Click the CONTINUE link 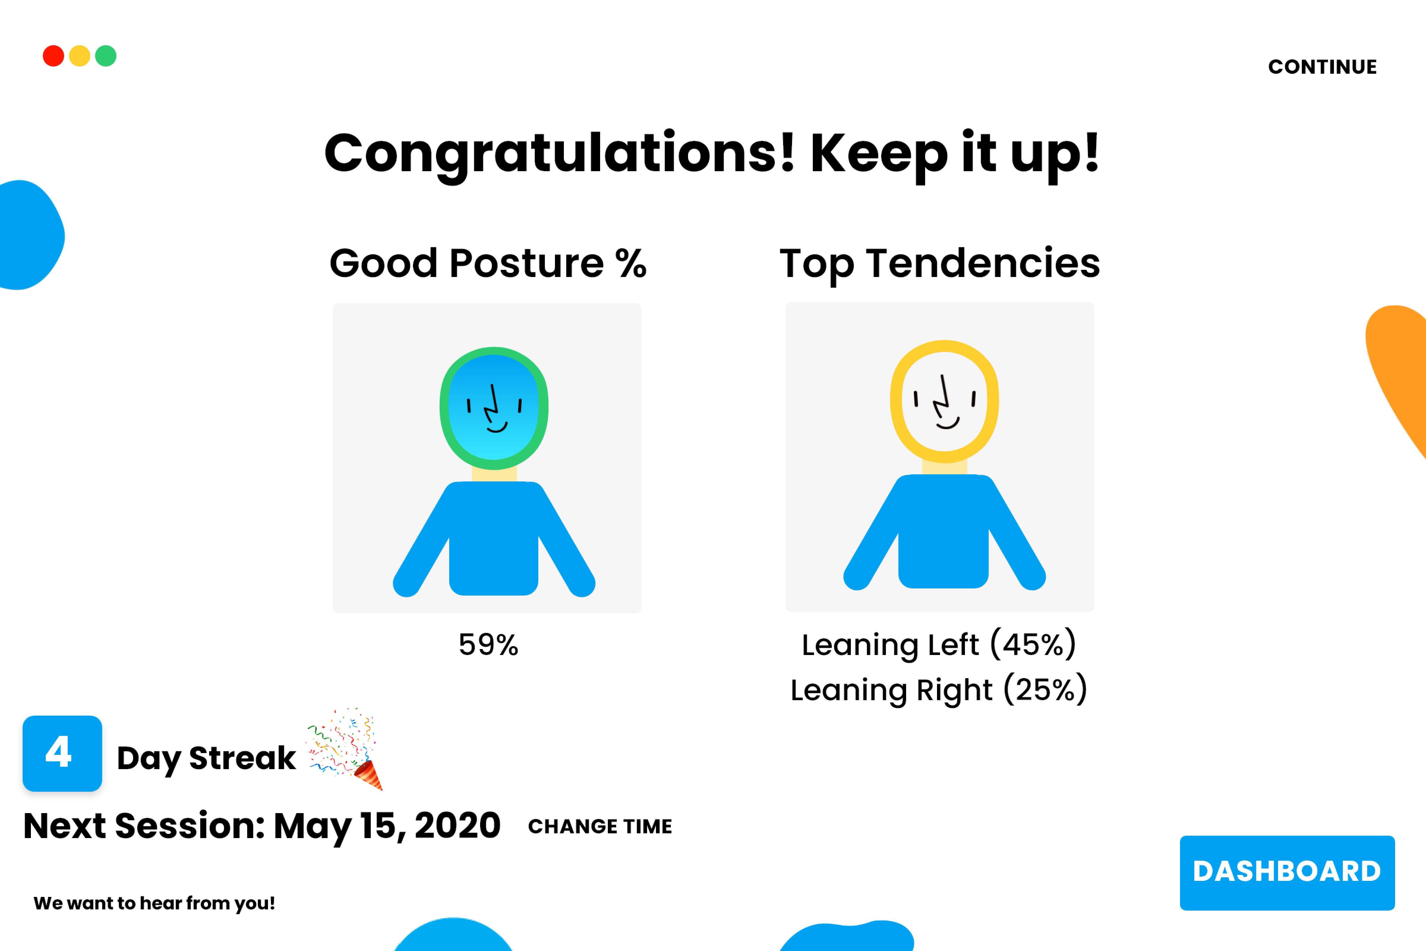pyautogui.click(x=1322, y=67)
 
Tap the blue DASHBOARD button pyautogui.click(x=1287, y=873)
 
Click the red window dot pyautogui.click(x=53, y=56)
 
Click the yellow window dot pyautogui.click(x=79, y=56)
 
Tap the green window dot pyautogui.click(x=105, y=56)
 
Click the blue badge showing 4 pyautogui.click(x=62, y=753)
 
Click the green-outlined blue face pyautogui.click(x=494, y=408)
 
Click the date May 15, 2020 pyautogui.click(x=387, y=826)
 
